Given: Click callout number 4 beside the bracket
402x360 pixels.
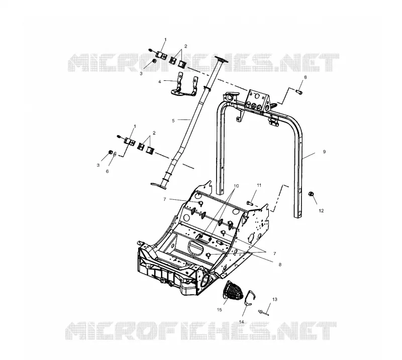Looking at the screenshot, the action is pyautogui.click(x=160, y=81).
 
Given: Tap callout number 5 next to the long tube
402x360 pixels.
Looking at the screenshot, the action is pyautogui.click(x=173, y=121).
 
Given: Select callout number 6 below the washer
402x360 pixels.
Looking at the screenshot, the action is pyautogui.click(x=108, y=171).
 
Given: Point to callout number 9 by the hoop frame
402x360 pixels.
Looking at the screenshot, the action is pyautogui.click(x=324, y=152).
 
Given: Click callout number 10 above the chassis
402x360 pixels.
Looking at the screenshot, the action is pyautogui.click(x=236, y=186).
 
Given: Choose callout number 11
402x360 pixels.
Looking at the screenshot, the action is pyautogui.click(x=259, y=185).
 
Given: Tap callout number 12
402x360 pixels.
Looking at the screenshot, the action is pyautogui.click(x=321, y=210).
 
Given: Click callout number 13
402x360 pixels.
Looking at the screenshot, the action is pyautogui.click(x=274, y=299).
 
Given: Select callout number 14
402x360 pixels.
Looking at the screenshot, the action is pyautogui.click(x=242, y=322).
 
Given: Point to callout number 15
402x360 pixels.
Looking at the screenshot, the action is pyautogui.click(x=220, y=310).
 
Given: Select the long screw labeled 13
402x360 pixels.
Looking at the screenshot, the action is pyautogui.click(x=263, y=312).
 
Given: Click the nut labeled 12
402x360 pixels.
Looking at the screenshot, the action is pyautogui.click(x=310, y=194).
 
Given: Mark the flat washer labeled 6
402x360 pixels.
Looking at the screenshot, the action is pyautogui.click(x=115, y=154).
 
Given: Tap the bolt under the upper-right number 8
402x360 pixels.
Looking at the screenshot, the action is pyautogui.click(x=299, y=91).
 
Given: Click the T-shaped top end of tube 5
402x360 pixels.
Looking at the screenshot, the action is pyautogui.click(x=221, y=59).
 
